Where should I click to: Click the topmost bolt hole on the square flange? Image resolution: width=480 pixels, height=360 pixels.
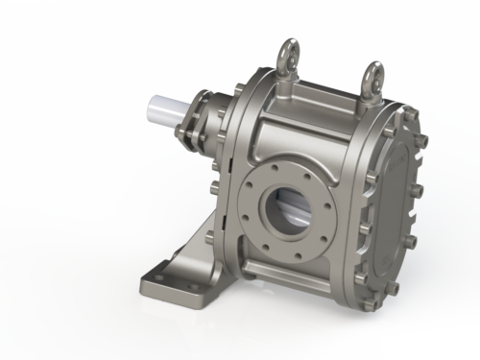coord(284,163)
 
